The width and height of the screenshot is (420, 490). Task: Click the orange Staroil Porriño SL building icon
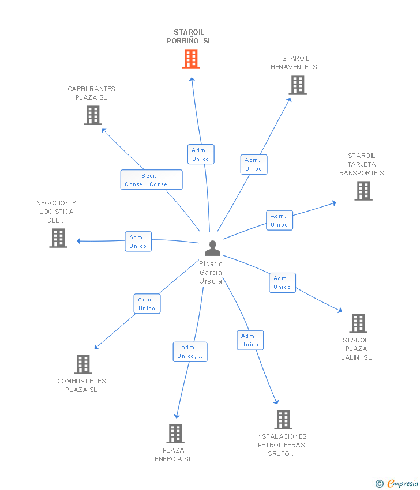[x=191, y=59]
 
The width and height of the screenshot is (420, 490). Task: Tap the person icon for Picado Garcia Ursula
[x=213, y=248]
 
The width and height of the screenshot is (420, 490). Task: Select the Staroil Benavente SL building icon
[x=298, y=85]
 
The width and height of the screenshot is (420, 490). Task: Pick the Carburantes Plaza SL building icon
[x=93, y=115]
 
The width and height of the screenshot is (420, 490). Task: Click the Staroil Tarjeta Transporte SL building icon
[x=363, y=191]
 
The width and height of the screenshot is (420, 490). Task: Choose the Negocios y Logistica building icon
[x=58, y=238]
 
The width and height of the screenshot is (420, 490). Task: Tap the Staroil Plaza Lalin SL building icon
[x=358, y=323]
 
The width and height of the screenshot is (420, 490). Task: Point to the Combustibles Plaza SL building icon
[x=83, y=364]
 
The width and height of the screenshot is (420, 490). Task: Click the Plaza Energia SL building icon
[x=175, y=434]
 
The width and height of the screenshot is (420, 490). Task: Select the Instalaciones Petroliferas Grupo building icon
[x=283, y=420]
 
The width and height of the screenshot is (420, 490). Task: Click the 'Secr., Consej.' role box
[x=151, y=180]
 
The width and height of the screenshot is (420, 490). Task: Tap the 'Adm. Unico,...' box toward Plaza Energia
[x=190, y=352]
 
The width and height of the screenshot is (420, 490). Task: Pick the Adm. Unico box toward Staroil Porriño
[x=201, y=154]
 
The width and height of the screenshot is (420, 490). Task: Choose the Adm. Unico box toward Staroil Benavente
[x=254, y=164]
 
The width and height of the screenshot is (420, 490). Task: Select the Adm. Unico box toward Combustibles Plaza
[x=147, y=304]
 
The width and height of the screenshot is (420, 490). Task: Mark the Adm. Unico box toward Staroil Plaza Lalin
[x=282, y=282]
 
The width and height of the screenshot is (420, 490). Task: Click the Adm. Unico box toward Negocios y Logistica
[x=138, y=242]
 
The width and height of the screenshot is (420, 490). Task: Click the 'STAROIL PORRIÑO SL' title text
[x=189, y=37]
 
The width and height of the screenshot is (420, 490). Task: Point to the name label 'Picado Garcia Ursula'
[x=211, y=273]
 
